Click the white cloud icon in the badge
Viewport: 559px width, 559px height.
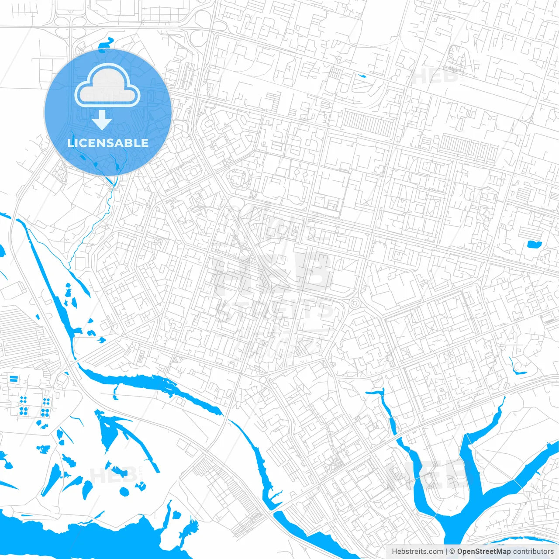(x=107, y=86)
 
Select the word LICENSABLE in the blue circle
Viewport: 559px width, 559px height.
(x=108, y=143)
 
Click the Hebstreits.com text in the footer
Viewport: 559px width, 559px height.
(x=417, y=552)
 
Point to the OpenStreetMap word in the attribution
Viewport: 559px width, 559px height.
(x=483, y=552)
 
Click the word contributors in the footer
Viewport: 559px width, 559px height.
(x=533, y=552)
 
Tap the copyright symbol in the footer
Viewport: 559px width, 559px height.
(x=452, y=552)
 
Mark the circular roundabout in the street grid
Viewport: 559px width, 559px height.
(x=355, y=302)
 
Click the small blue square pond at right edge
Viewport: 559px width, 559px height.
(x=534, y=244)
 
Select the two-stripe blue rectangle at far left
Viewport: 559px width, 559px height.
(x=14, y=378)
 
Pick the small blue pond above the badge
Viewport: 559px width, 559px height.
(x=105, y=44)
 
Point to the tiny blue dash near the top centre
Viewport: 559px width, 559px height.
(x=362, y=76)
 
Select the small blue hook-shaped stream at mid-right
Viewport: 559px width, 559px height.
(x=516, y=368)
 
